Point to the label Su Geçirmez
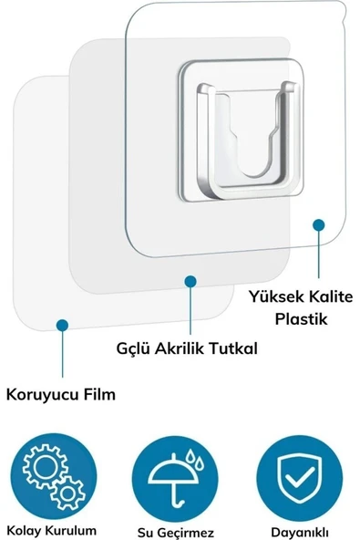point(179,530)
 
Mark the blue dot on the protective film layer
point(62,324)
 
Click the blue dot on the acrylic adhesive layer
point(190,282)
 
